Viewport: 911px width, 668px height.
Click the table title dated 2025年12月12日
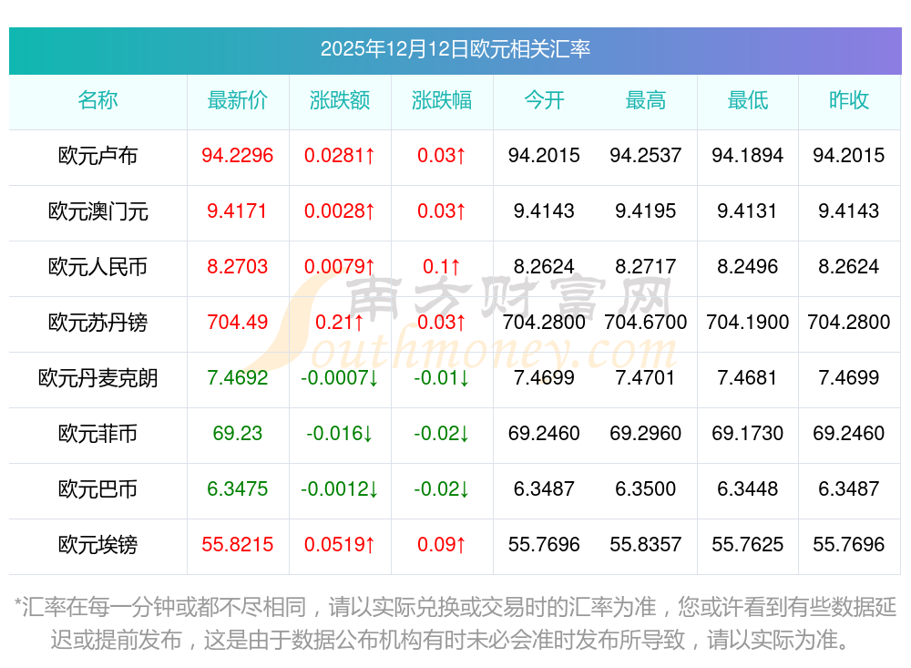click(455, 49)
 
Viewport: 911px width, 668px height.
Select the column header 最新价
click(237, 100)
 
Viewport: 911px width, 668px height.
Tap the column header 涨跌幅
click(442, 100)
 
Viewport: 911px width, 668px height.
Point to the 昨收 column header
click(849, 100)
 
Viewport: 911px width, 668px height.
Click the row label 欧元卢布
click(97, 156)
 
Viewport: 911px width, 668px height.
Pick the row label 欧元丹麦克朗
click(97, 378)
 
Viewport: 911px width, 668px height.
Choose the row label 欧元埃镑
click(97, 545)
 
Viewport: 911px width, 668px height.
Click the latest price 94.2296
click(237, 156)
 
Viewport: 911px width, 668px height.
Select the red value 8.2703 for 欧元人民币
click(237, 267)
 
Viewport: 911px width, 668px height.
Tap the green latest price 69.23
click(237, 434)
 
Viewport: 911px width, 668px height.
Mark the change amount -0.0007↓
click(340, 378)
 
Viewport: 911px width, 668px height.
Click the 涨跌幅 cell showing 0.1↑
click(442, 267)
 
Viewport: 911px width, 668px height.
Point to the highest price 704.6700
click(646, 323)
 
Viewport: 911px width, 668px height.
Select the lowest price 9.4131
click(747, 211)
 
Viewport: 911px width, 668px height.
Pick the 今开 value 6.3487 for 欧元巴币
click(544, 489)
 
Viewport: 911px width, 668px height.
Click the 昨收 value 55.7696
click(849, 545)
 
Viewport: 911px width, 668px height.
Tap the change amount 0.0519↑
click(340, 545)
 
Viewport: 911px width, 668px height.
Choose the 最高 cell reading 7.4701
click(646, 378)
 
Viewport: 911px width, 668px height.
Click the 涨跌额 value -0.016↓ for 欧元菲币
click(340, 434)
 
